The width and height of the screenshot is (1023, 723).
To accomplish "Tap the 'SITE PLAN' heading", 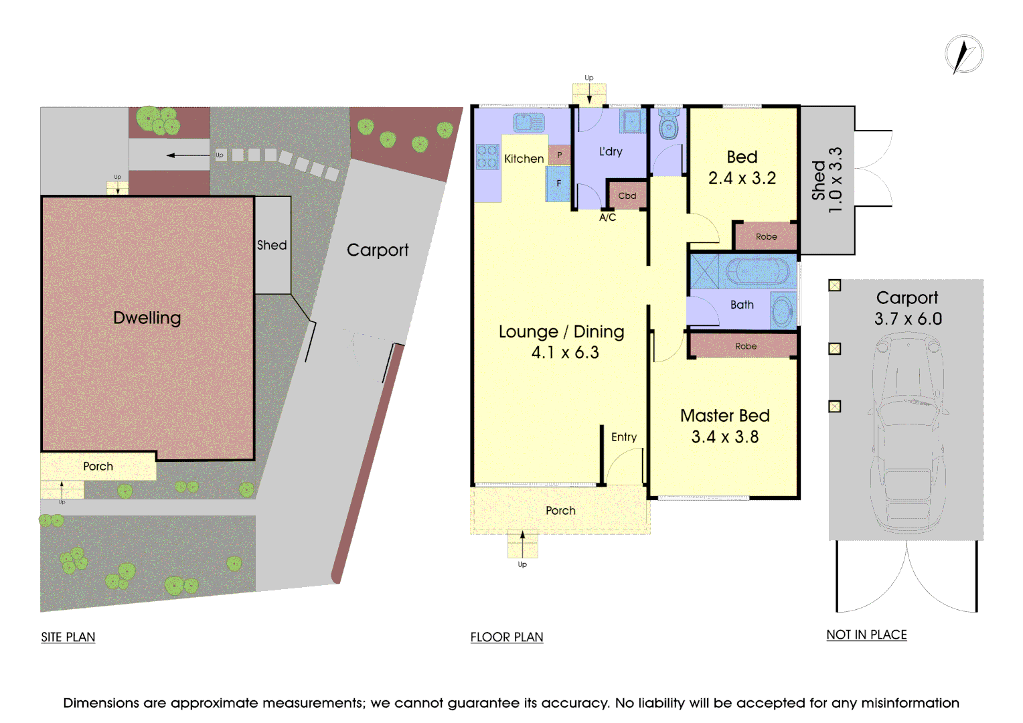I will tap(68, 637).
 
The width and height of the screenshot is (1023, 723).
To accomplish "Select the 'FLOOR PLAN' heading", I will tap(506, 637).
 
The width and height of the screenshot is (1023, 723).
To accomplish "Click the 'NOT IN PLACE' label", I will tap(866, 635).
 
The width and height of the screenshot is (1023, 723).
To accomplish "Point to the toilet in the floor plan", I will tap(668, 125).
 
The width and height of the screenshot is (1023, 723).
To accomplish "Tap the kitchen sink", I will tap(529, 123).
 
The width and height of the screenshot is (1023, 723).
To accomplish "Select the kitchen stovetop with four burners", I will tap(487, 157).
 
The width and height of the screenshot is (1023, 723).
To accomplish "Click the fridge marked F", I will tap(558, 183).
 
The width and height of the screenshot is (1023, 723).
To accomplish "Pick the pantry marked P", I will tap(560, 155).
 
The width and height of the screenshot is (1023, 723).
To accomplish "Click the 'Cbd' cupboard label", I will tap(627, 195).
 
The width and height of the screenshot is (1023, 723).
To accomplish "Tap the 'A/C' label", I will tap(607, 218).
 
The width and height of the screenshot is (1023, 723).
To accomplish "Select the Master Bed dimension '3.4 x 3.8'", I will tap(724, 437).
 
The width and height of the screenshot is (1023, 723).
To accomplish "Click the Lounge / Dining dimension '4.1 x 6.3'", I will tap(564, 353).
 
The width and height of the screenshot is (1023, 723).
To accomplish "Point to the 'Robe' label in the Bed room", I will tap(766, 236).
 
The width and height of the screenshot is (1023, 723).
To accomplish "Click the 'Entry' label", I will tap(623, 437).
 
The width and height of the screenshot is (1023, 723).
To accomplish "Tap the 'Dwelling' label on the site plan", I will tap(147, 317).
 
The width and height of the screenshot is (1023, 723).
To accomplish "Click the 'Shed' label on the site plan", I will tap(272, 245).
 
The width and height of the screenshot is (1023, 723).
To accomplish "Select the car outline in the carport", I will tap(907, 428).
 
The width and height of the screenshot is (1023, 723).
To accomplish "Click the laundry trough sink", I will tap(631, 122).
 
